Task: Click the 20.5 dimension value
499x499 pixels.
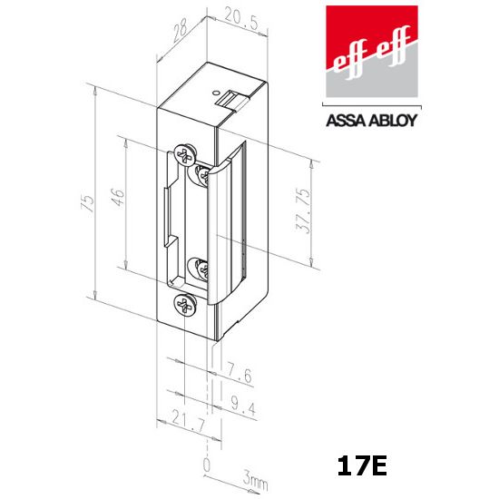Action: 241,19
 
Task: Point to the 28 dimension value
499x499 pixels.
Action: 180,30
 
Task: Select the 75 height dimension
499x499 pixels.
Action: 88,203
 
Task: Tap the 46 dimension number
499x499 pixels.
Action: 118,198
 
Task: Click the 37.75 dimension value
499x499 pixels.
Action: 303,210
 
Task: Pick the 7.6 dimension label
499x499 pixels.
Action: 239,375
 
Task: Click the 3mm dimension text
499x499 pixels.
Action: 255,480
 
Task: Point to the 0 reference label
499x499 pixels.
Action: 207,465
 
